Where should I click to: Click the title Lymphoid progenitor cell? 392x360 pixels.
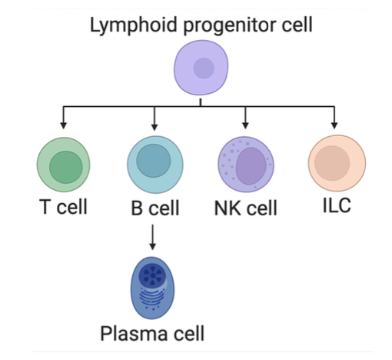coord(201,25)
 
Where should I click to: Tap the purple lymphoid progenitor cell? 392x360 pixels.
coord(201,68)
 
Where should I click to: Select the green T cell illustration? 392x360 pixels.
coord(64,165)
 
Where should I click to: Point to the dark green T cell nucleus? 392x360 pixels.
coord(66,168)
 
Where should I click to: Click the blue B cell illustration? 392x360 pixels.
coord(154,165)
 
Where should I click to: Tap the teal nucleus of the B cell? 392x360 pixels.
coord(153,162)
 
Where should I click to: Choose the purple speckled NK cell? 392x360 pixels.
coord(246,165)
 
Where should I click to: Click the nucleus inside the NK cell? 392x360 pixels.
coord(251,167)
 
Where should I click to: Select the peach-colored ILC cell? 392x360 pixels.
coord(337,165)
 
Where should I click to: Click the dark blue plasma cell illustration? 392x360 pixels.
coord(154,287)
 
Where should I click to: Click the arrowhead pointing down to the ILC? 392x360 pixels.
coord(335,125)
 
